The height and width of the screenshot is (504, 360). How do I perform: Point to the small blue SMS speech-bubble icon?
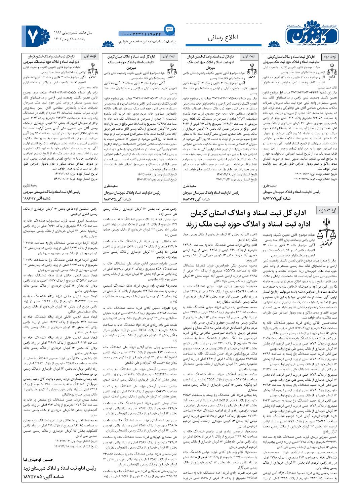coord(169,30)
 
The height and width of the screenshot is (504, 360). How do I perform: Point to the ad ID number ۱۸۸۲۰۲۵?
coord(113,199)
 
